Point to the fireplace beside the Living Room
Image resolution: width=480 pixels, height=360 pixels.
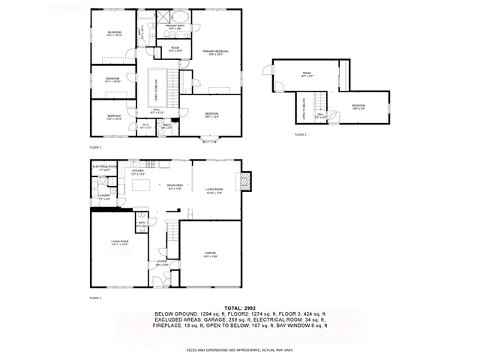tap(244, 180)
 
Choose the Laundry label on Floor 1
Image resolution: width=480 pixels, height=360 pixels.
tap(103, 196)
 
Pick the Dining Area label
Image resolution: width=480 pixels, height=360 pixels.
tap(175, 187)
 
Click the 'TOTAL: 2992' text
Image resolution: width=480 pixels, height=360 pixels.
tap(240, 308)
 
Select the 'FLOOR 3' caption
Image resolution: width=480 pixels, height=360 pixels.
tap(300, 134)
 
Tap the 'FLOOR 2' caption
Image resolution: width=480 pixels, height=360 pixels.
tap(95, 148)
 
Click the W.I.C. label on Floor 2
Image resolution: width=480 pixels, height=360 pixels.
tap(145, 126)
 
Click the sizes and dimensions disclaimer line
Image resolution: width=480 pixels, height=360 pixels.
tap(240, 349)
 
